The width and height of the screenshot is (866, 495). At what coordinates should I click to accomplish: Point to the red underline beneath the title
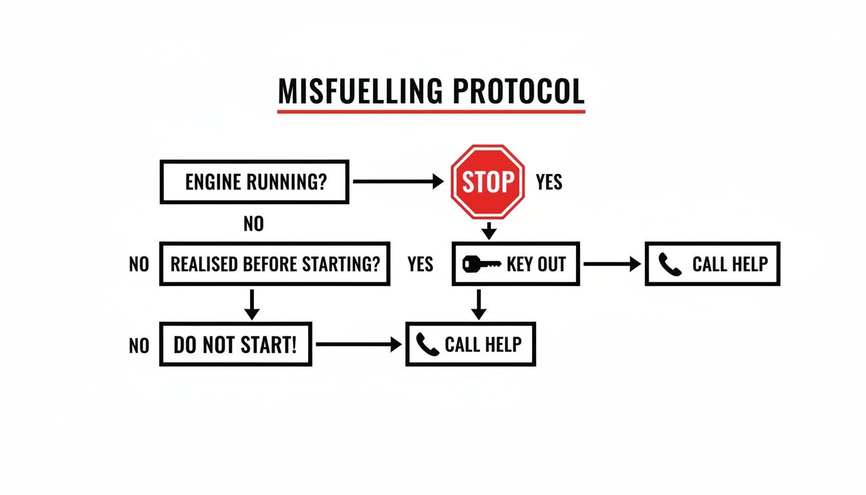coord(431,112)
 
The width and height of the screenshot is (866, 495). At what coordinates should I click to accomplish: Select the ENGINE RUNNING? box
coord(254,182)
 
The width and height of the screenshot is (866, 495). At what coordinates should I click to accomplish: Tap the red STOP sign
coord(488,182)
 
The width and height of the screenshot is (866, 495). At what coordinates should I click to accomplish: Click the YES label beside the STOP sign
coord(549,182)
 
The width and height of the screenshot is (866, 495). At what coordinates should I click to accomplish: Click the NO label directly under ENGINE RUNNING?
coord(254,224)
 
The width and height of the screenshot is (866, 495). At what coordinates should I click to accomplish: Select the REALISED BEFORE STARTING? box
coord(274,264)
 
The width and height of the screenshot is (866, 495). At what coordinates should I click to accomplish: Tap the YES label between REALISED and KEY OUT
coord(421,264)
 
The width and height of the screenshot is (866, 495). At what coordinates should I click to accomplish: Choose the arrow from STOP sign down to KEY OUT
coord(489,230)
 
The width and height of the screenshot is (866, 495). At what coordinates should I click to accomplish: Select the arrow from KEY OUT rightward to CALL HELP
coord(611,264)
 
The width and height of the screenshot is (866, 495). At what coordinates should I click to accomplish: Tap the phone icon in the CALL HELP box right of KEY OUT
coord(670,264)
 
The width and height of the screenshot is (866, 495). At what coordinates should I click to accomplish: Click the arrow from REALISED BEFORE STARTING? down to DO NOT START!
coord(253,304)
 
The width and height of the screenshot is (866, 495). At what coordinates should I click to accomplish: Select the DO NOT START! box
coord(236,345)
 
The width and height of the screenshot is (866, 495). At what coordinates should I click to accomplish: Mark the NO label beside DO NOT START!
coord(139,345)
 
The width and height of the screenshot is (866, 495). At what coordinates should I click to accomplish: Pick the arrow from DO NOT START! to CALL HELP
coord(358,345)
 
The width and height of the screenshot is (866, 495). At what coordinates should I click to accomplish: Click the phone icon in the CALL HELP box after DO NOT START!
coord(427,345)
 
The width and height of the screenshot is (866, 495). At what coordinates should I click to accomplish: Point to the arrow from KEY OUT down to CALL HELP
coord(478,304)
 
